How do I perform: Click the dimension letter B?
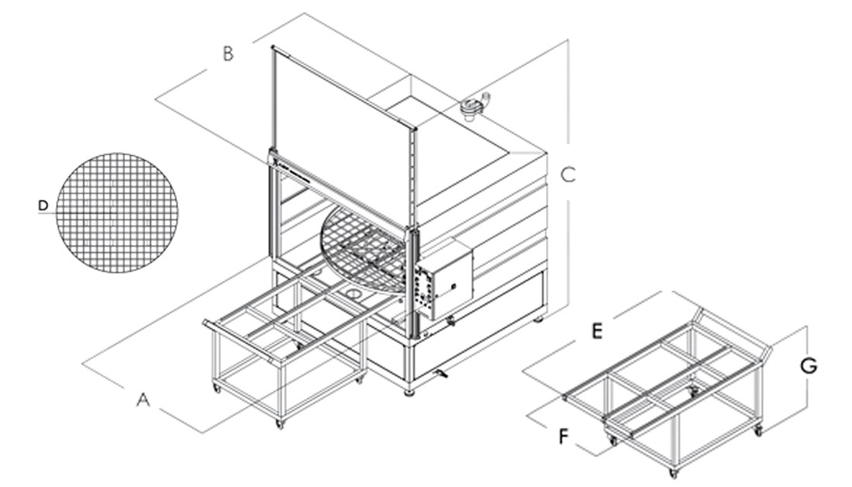[x=228, y=54]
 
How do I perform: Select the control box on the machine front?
[x=445, y=282]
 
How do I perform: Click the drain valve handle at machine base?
[x=443, y=375]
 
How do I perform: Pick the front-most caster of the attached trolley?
[x=279, y=423]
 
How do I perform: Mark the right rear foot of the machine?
[x=540, y=317]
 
